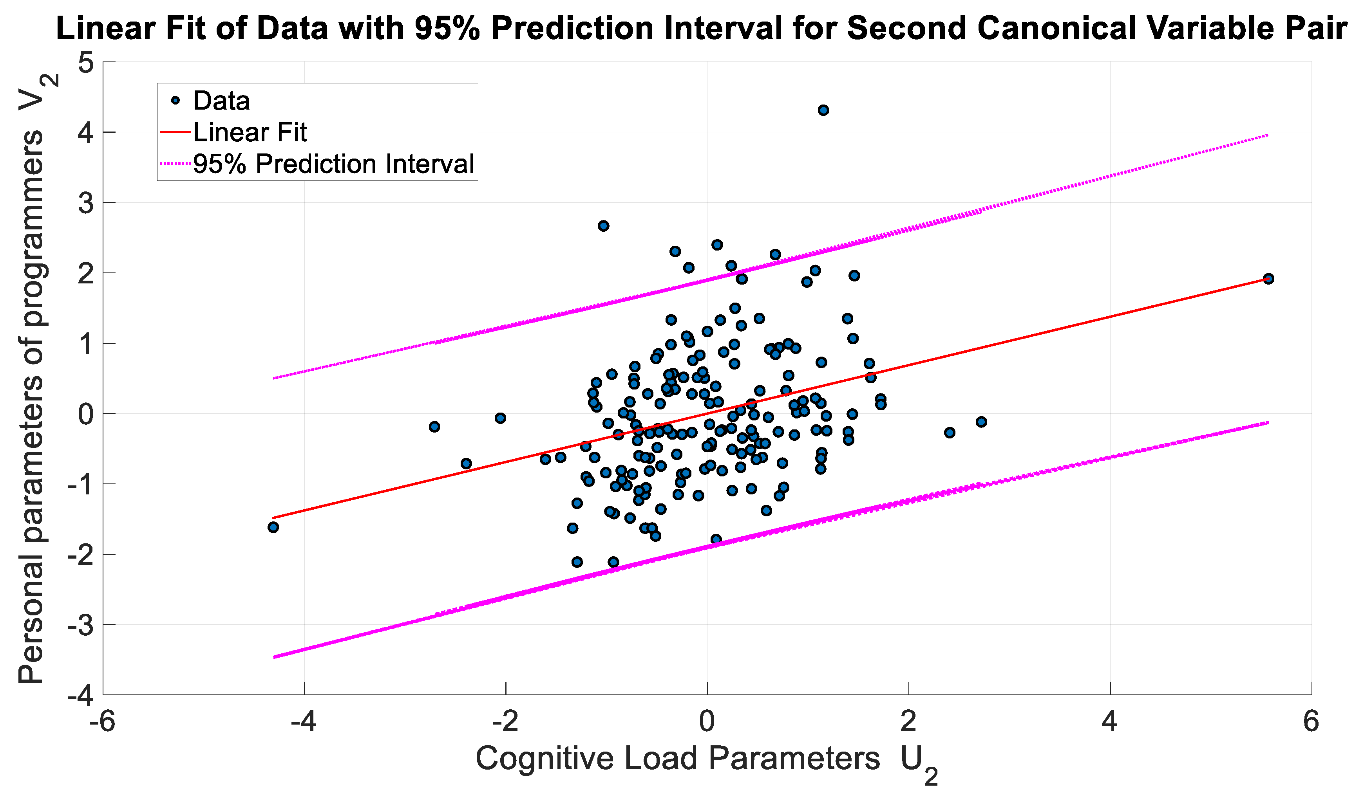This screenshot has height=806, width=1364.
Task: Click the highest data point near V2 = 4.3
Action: [x=823, y=110]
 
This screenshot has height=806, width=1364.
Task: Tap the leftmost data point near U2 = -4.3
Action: [x=273, y=527]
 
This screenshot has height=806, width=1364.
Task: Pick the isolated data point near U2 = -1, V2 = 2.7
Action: [x=603, y=226]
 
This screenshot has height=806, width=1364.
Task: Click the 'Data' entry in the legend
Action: [x=221, y=101]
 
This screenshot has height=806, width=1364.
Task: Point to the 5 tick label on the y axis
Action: [x=86, y=63]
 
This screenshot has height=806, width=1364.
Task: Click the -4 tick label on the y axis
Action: [x=80, y=696]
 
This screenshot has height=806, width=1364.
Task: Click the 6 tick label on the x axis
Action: [x=1311, y=722]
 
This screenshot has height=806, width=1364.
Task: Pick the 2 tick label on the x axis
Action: [x=908, y=722]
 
